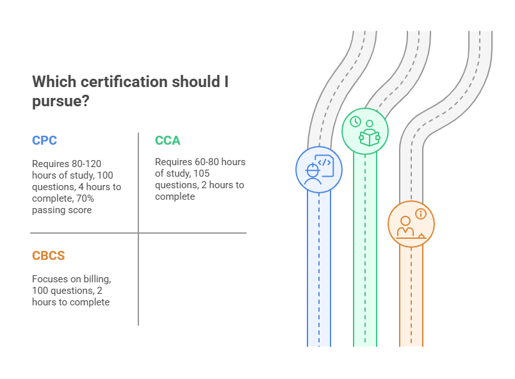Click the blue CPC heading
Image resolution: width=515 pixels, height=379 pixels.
pyautogui.click(x=45, y=141)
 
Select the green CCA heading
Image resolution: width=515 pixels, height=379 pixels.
pyautogui.click(x=168, y=140)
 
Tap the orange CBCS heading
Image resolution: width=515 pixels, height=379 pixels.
pyautogui.click(x=49, y=256)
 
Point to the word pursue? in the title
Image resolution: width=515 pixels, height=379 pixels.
pyautogui.click(x=60, y=102)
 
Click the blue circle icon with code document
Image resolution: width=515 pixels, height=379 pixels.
pyautogui.click(x=318, y=169)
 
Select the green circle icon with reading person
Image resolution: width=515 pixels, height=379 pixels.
pyautogui.click(x=364, y=131)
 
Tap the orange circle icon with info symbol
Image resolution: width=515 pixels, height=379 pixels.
pyautogui.click(x=411, y=223)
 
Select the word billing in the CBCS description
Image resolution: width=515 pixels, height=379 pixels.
pyautogui.click(x=96, y=279)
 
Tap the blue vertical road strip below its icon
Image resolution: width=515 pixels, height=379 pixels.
pyautogui.click(x=319, y=269)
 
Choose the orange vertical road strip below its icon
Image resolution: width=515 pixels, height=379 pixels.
pyautogui.click(x=411, y=294)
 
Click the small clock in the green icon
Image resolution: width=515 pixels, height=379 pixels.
pyautogui.click(x=356, y=122)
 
